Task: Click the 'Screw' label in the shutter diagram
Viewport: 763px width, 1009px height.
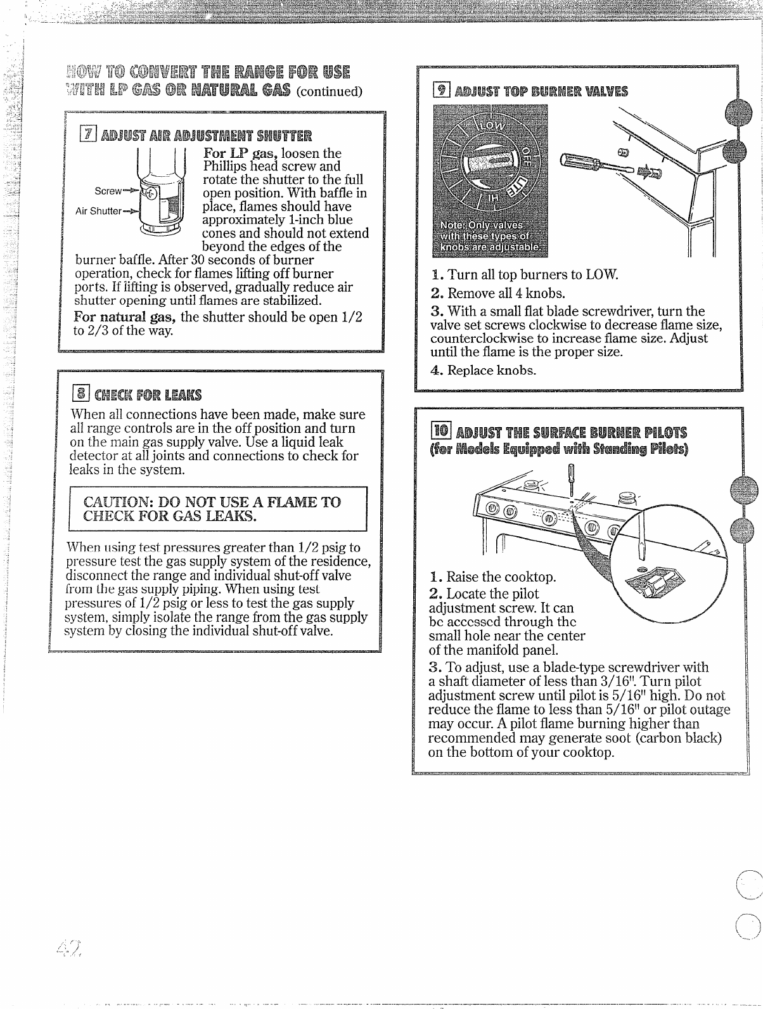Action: (108, 190)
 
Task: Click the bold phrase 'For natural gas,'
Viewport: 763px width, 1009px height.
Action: (125, 316)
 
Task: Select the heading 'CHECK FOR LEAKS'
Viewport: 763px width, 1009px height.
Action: (148, 395)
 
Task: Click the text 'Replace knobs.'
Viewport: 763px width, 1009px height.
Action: (492, 370)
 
